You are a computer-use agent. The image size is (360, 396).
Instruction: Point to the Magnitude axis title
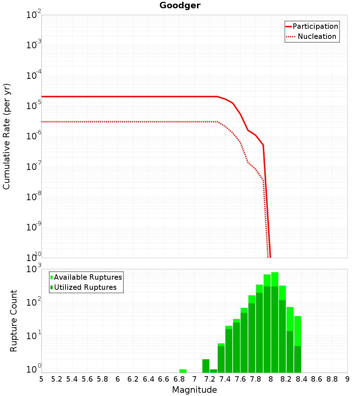coord(194,390)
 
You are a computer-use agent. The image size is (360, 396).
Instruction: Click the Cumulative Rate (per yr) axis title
coord(6,136)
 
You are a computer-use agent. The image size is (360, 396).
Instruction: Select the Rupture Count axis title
coord(14,321)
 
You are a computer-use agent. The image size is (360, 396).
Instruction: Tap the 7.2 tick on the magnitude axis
coord(210,379)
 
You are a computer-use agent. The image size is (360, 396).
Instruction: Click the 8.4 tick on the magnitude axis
coord(301,379)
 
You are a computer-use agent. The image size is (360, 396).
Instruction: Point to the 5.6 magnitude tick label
coord(87,379)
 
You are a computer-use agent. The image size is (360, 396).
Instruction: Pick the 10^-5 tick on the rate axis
coord(33,107)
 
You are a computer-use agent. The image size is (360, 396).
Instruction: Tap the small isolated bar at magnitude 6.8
coord(183,371)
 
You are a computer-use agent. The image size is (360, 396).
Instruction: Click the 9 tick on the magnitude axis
coord(347,379)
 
